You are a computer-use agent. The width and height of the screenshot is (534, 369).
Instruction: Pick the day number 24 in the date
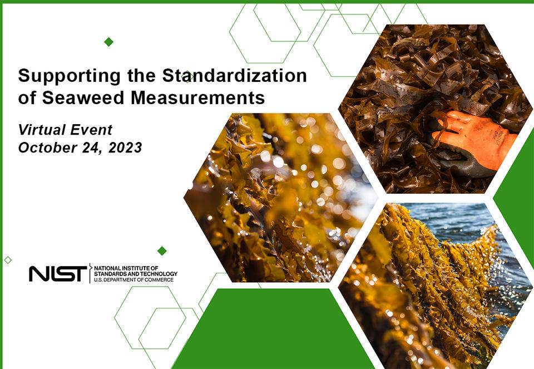pyautogui.click(x=95, y=148)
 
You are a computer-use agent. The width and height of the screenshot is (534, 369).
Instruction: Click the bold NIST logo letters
pyautogui.click(x=58, y=273)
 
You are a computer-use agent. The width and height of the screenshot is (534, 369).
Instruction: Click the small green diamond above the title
pyautogui.click(x=109, y=42)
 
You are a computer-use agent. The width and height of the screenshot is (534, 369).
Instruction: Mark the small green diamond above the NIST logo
pyautogui.click(x=162, y=250)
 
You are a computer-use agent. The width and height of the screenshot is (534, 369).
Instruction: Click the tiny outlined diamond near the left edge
pyautogui.click(x=8, y=260)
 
